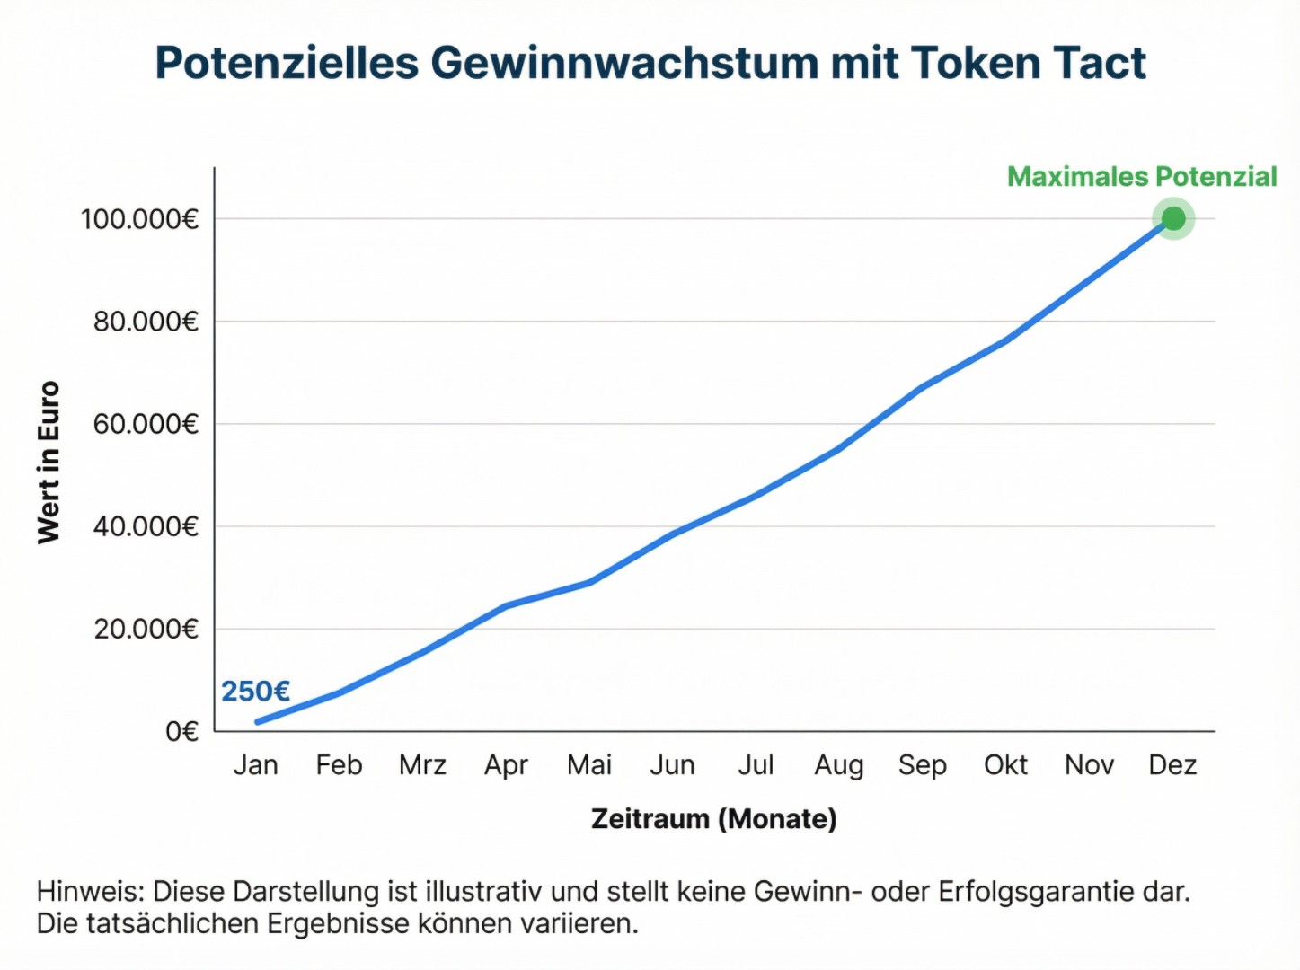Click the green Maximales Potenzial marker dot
coord(1172,218)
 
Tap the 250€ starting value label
coord(255,692)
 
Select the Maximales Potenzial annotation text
coord(1141,177)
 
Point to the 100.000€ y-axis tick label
coord(139,219)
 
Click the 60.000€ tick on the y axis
coord(146,424)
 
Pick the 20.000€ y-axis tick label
coord(146,629)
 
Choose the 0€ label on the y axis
coord(181,732)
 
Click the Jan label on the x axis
coord(255,765)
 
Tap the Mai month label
coord(589,765)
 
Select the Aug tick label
coord(838,765)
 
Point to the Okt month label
coord(1005,765)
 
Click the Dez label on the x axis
coord(1172,765)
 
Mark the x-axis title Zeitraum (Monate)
coord(713,819)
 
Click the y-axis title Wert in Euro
coord(49,463)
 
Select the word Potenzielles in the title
coord(287,64)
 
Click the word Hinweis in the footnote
coord(89,892)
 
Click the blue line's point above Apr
coord(506,606)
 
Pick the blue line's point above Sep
coord(922,387)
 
